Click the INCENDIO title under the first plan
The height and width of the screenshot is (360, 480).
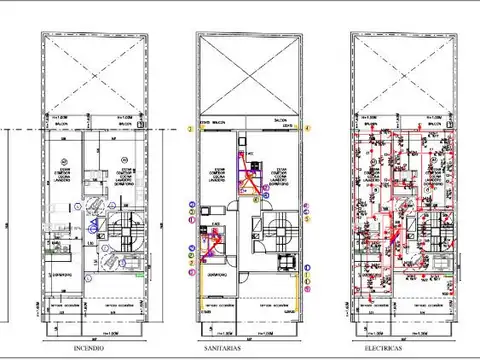pos(90,349)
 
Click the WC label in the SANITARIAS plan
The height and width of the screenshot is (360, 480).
pos(250,152)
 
